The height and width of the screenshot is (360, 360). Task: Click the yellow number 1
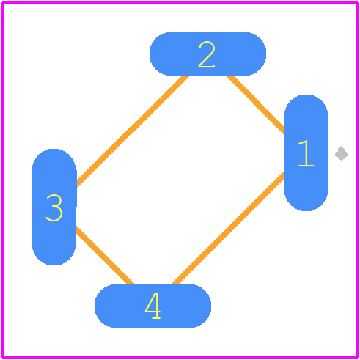[306, 153]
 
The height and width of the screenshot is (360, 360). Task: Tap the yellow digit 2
[207, 54]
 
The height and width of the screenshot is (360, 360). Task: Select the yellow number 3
[54, 207]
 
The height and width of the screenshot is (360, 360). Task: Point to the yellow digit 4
[153, 306]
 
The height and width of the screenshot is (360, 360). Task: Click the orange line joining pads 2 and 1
[256, 105]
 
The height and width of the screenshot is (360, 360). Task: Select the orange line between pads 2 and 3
[132, 131]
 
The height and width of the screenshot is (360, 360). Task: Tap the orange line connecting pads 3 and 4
[105, 255]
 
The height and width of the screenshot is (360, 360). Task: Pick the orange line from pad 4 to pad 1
[228, 228]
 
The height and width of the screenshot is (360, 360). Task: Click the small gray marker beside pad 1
[342, 154]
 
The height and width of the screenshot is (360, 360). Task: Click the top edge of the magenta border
[180, 2]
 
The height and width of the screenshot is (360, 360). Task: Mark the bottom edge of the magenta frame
[180, 356]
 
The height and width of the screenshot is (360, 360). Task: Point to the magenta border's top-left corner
[2, 2]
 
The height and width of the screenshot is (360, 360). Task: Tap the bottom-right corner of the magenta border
[357, 357]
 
